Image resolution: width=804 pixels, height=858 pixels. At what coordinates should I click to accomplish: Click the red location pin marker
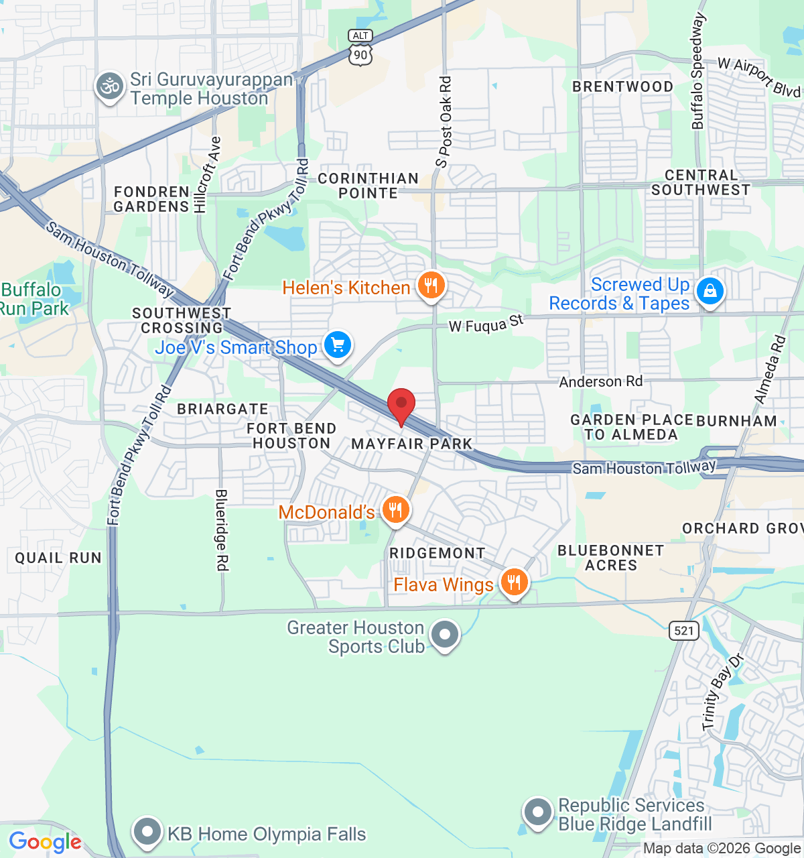[x=401, y=405]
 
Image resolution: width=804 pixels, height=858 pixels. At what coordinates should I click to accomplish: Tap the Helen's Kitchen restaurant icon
[x=431, y=286]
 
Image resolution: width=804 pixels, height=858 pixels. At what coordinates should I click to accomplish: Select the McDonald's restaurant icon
[x=395, y=511]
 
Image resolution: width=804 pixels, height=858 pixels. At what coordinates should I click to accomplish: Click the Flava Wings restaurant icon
[x=514, y=583]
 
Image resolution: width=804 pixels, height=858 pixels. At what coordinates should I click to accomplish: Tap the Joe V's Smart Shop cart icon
[x=338, y=346]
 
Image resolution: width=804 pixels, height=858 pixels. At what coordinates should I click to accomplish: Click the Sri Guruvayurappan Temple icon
[x=109, y=86]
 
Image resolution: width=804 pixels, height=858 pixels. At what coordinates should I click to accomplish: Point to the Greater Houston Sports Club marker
[x=444, y=634]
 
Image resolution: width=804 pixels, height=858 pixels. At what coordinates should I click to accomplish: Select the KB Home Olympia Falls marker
[x=147, y=832]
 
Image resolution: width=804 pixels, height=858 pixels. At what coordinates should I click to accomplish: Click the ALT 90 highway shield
[x=360, y=48]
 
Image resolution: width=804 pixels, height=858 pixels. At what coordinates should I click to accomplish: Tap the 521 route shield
[x=683, y=630]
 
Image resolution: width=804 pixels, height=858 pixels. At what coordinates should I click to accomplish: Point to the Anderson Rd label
[x=600, y=381]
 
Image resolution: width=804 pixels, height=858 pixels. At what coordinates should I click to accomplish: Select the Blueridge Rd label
[x=221, y=530]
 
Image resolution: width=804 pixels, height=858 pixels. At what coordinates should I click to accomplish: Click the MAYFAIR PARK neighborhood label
[x=411, y=444]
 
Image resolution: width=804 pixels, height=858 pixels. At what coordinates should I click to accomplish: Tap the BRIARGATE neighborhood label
[x=222, y=409]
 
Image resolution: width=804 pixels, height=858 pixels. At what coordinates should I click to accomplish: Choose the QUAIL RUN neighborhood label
[x=58, y=558]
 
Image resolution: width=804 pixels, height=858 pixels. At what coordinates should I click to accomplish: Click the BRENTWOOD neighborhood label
[x=622, y=86]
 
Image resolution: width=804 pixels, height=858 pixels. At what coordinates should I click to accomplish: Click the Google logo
[x=45, y=842]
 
